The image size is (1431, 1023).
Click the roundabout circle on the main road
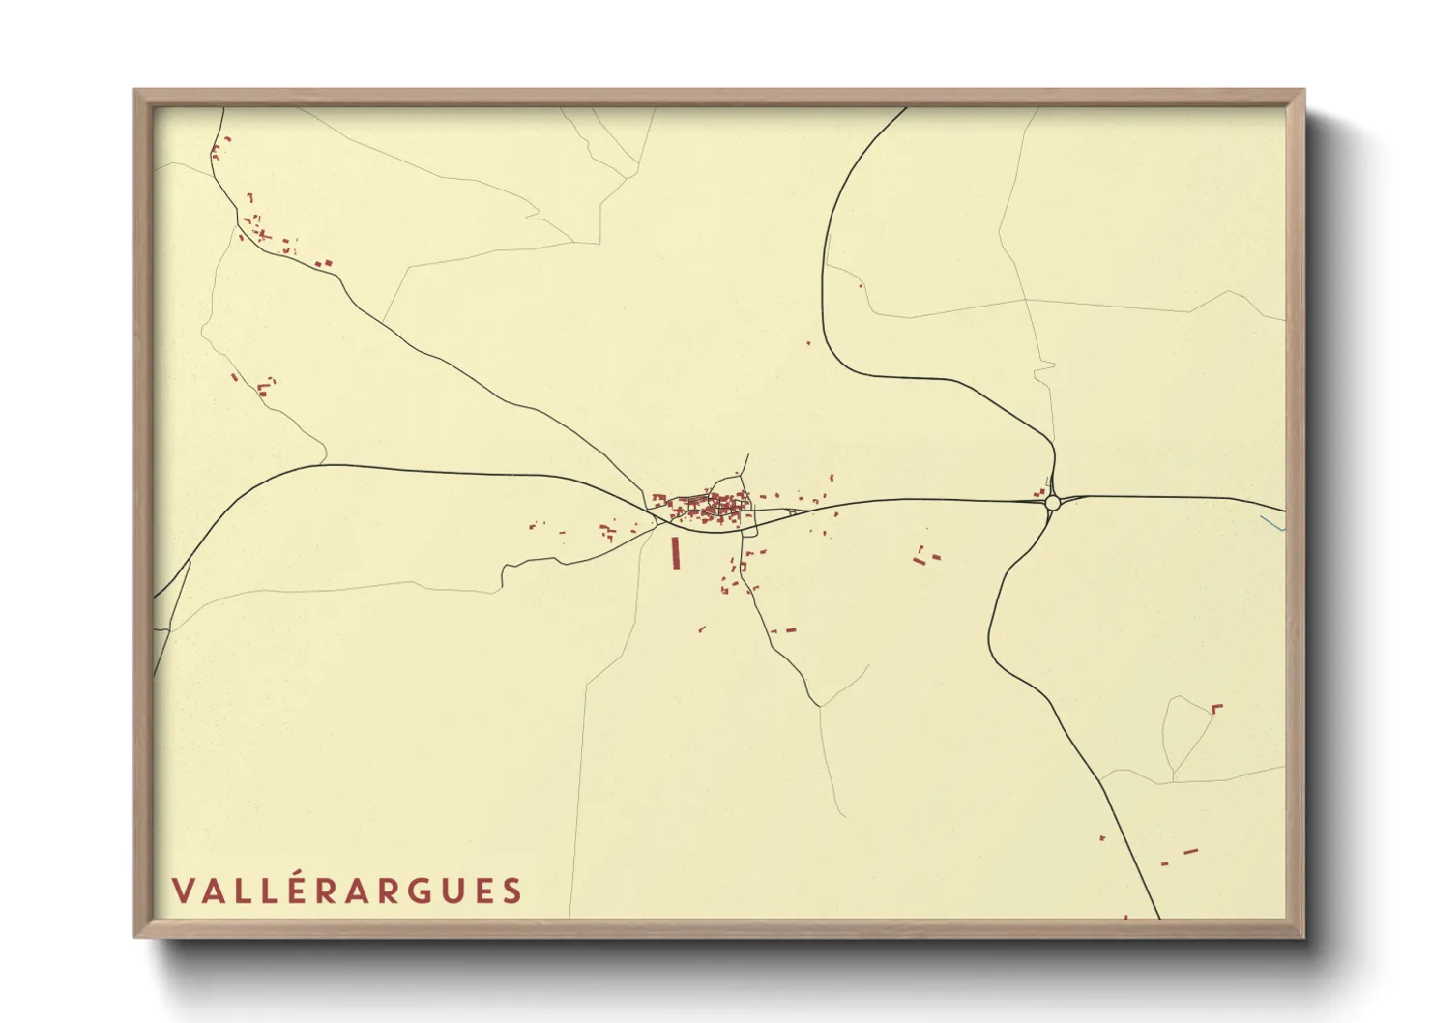tap(1053, 503)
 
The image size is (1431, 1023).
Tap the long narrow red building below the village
tap(676, 552)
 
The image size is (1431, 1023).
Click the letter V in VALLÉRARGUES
tap(183, 891)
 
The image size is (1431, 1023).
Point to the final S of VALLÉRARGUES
tap(511, 891)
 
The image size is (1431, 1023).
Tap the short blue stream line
tap(1272, 523)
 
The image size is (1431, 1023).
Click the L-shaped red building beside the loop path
tap(1216, 709)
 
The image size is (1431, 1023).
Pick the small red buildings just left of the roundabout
tap(1038, 493)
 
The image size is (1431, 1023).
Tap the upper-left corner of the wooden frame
tap(136, 92)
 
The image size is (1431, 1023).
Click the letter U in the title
tap(447, 891)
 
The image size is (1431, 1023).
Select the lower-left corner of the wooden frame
tap(136, 935)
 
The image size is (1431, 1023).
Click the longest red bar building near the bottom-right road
tap(1190, 852)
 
